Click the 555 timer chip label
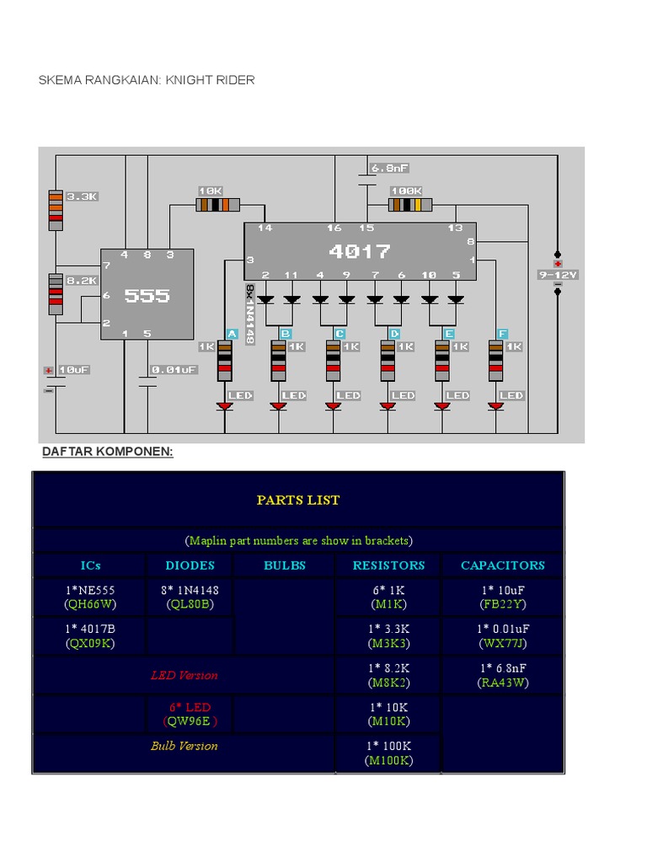click(147, 295)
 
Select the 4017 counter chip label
click(360, 251)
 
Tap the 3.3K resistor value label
click(83, 196)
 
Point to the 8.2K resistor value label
click(83, 281)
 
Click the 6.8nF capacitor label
click(390, 169)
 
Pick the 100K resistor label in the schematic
click(406, 191)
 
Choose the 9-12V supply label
click(558, 275)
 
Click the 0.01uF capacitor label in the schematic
click(174, 369)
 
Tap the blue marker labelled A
click(231, 334)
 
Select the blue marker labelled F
click(503, 334)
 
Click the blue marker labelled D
click(394, 334)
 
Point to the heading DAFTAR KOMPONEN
click(108, 452)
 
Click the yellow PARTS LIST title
click(298, 500)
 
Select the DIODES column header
click(190, 566)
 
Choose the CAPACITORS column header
click(503, 566)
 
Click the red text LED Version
click(184, 675)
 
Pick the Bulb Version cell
click(184, 746)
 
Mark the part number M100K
click(388, 760)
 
